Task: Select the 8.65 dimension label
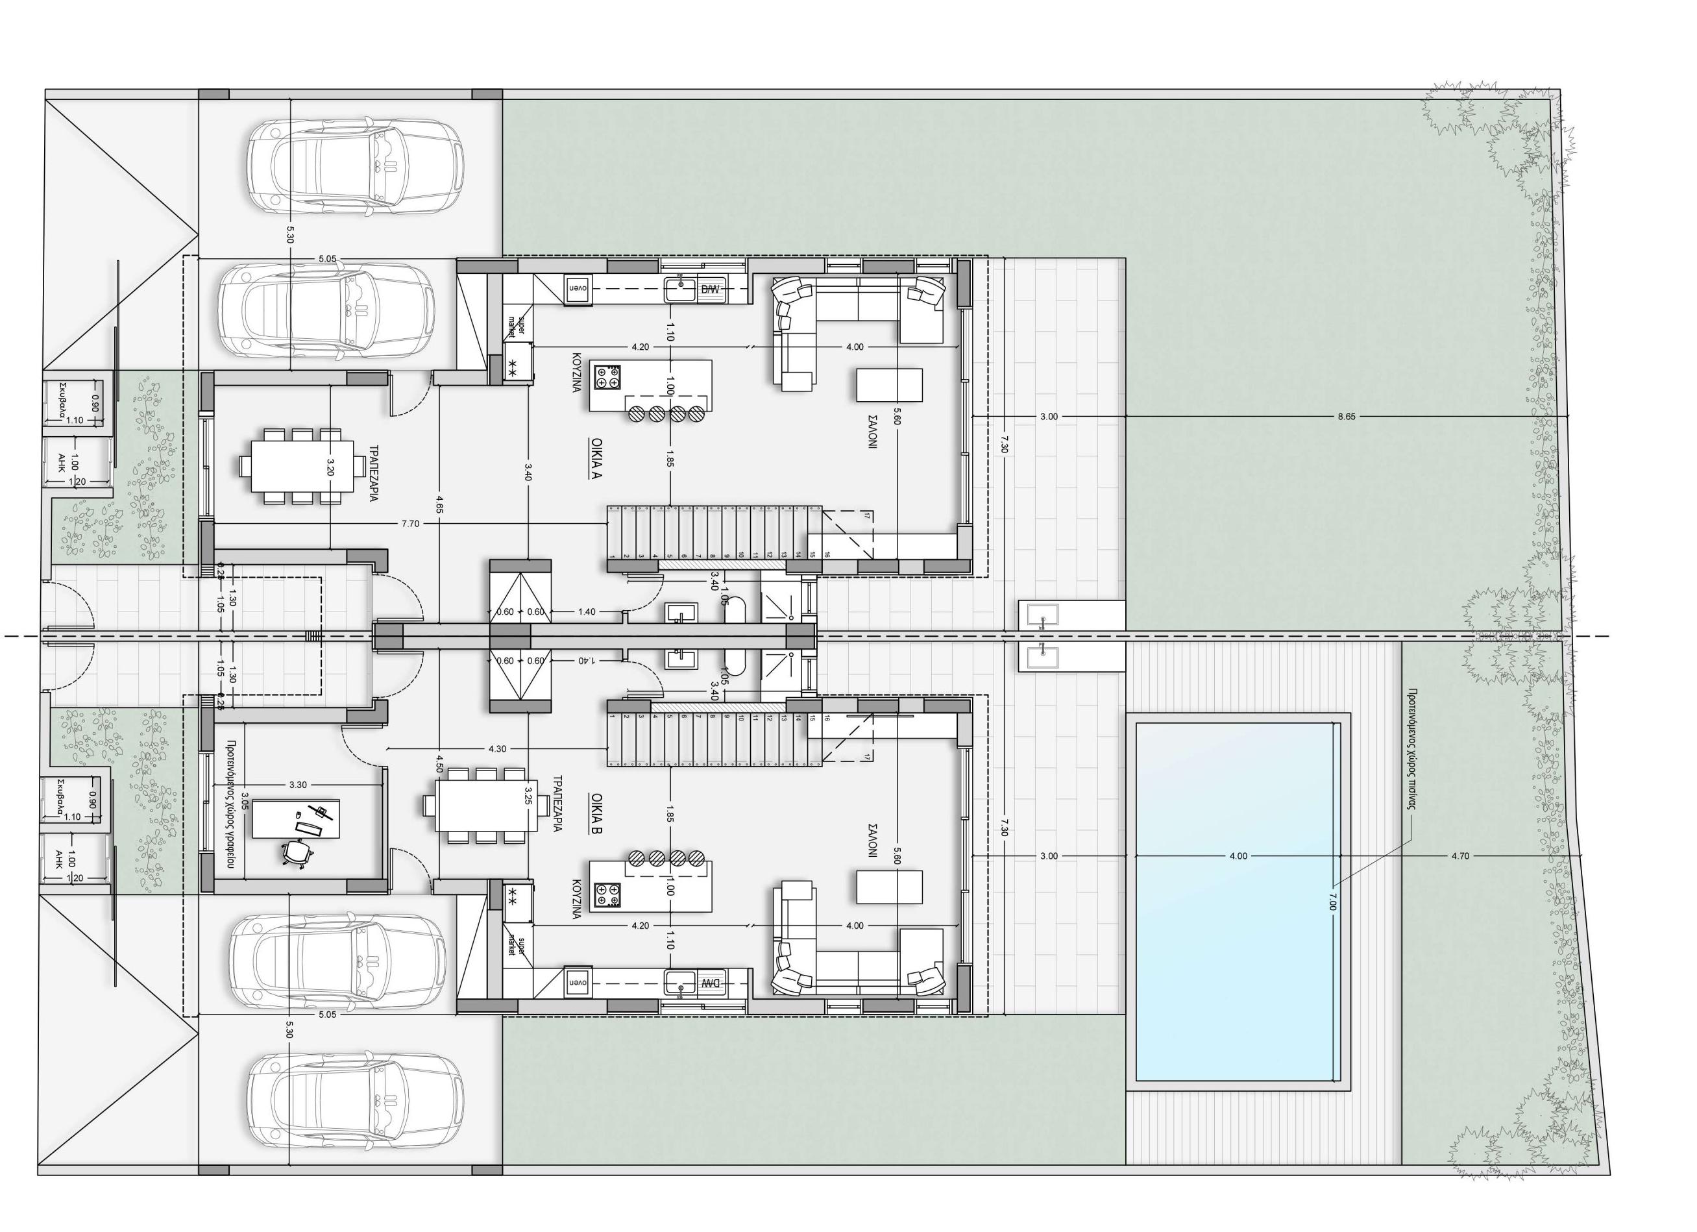click(x=1346, y=417)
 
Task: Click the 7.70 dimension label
click(x=410, y=524)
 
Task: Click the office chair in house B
click(x=297, y=852)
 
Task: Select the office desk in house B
click(x=297, y=819)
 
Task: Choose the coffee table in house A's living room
click(x=889, y=385)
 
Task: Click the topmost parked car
click(x=354, y=167)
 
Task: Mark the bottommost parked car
click(x=354, y=1100)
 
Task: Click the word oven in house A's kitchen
click(x=578, y=288)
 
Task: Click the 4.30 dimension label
click(x=498, y=748)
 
